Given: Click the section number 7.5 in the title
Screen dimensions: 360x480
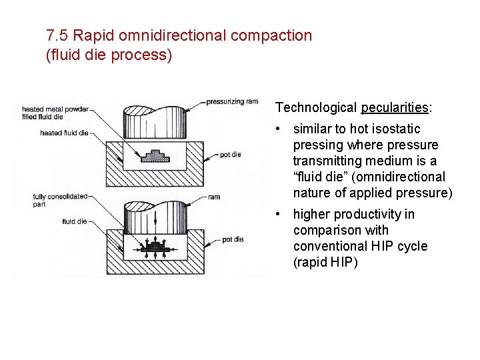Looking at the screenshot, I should tap(56, 35).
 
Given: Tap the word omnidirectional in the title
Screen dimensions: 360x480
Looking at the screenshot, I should tap(164, 35).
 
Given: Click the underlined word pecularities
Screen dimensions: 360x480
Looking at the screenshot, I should tap(395, 107).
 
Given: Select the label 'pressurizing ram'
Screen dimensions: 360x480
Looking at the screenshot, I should tap(231, 102).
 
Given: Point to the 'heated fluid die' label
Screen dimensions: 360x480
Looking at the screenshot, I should tap(64, 133).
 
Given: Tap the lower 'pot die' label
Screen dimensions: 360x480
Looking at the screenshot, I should tap(232, 239).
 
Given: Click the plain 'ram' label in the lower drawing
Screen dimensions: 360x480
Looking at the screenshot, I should tap(215, 197).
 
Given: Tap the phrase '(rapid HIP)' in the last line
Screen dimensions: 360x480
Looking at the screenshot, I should tap(325, 262).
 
